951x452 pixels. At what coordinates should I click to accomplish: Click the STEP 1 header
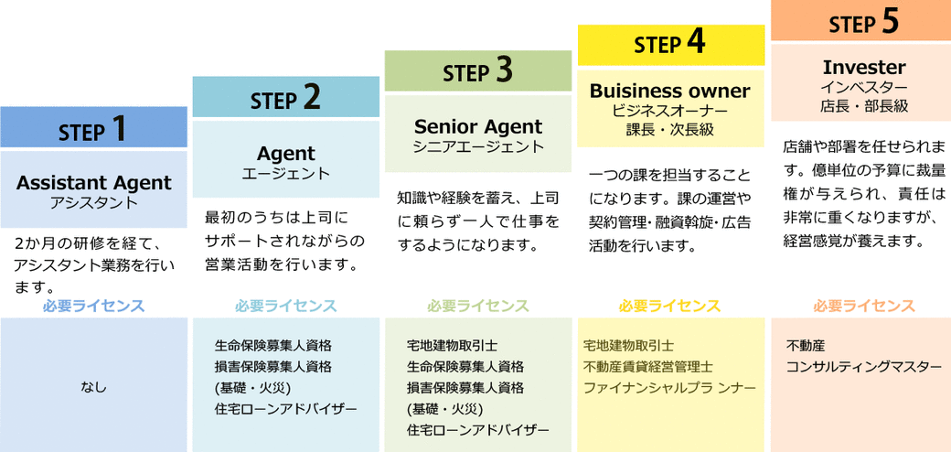tap(93, 129)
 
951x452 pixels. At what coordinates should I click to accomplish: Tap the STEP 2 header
tap(285, 98)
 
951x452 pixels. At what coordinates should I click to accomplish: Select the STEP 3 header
tap(477, 71)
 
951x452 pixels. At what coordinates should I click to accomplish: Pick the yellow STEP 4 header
tap(670, 44)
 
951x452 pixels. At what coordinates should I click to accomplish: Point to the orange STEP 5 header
tap(863, 22)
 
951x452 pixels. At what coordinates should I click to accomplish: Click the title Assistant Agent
tap(93, 182)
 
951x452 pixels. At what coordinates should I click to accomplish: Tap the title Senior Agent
tap(477, 126)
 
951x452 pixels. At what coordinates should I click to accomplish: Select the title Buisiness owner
tap(669, 91)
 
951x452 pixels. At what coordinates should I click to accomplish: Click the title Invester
tap(863, 67)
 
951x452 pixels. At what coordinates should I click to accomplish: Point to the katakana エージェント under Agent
tap(285, 173)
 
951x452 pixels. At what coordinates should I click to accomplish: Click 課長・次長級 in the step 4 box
tap(669, 130)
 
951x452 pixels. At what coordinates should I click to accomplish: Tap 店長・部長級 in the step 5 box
tap(863, 106)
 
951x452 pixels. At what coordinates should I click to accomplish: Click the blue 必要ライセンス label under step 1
tap(93, 306)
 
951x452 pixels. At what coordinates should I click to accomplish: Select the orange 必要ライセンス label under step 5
tap(863, 306)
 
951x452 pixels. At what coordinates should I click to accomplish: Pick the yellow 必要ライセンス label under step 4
tap(669, 306)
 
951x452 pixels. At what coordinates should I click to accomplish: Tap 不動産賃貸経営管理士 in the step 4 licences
tap(647, 366)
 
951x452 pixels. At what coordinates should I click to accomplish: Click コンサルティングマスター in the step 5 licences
tap(863, 366)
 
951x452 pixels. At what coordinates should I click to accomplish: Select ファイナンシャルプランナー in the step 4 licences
tap(669, 387)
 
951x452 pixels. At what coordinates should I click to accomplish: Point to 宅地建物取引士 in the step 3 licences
tap(452, 345)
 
